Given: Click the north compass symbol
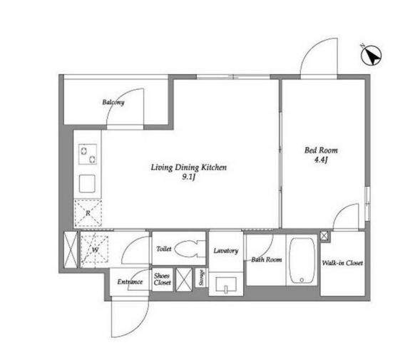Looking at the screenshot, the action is click(x=371, y=56).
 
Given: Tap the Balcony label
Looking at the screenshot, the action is click(x=113, y=103).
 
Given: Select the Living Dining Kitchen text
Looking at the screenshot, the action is click(x=188, y=168).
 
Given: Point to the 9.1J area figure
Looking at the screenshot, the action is click(x=188, y=177).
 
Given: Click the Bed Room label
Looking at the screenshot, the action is click(x=321, y=150).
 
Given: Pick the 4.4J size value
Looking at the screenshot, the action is click(x=321, y=160).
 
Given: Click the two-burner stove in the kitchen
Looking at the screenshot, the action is click(x=88, y=154).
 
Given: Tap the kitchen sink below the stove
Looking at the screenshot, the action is click(x=87, y=184).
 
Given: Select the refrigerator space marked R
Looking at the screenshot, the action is click(x=88, y=213).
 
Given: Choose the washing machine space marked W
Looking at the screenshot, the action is click(x=95, y=250).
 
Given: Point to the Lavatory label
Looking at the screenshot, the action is click(x=226, y=251).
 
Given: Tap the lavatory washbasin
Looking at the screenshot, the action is click(x=226, y=284).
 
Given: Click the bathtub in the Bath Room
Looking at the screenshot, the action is click(x=302, y=260).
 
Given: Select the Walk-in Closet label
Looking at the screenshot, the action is click(x=342, y=263).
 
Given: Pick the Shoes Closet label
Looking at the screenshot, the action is click(x=163, y=279).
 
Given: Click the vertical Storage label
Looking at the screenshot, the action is click(x=202, y=278).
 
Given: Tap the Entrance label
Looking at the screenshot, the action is click(x=130, y=282).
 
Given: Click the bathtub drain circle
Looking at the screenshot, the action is click(x=302, y=280).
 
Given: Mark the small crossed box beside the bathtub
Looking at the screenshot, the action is click(x=324, y=236).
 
